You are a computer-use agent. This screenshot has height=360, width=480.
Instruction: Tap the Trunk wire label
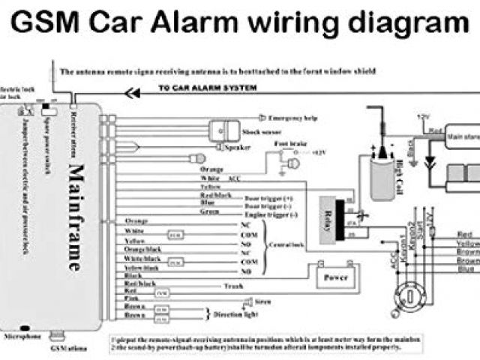[x=233, y=286]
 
